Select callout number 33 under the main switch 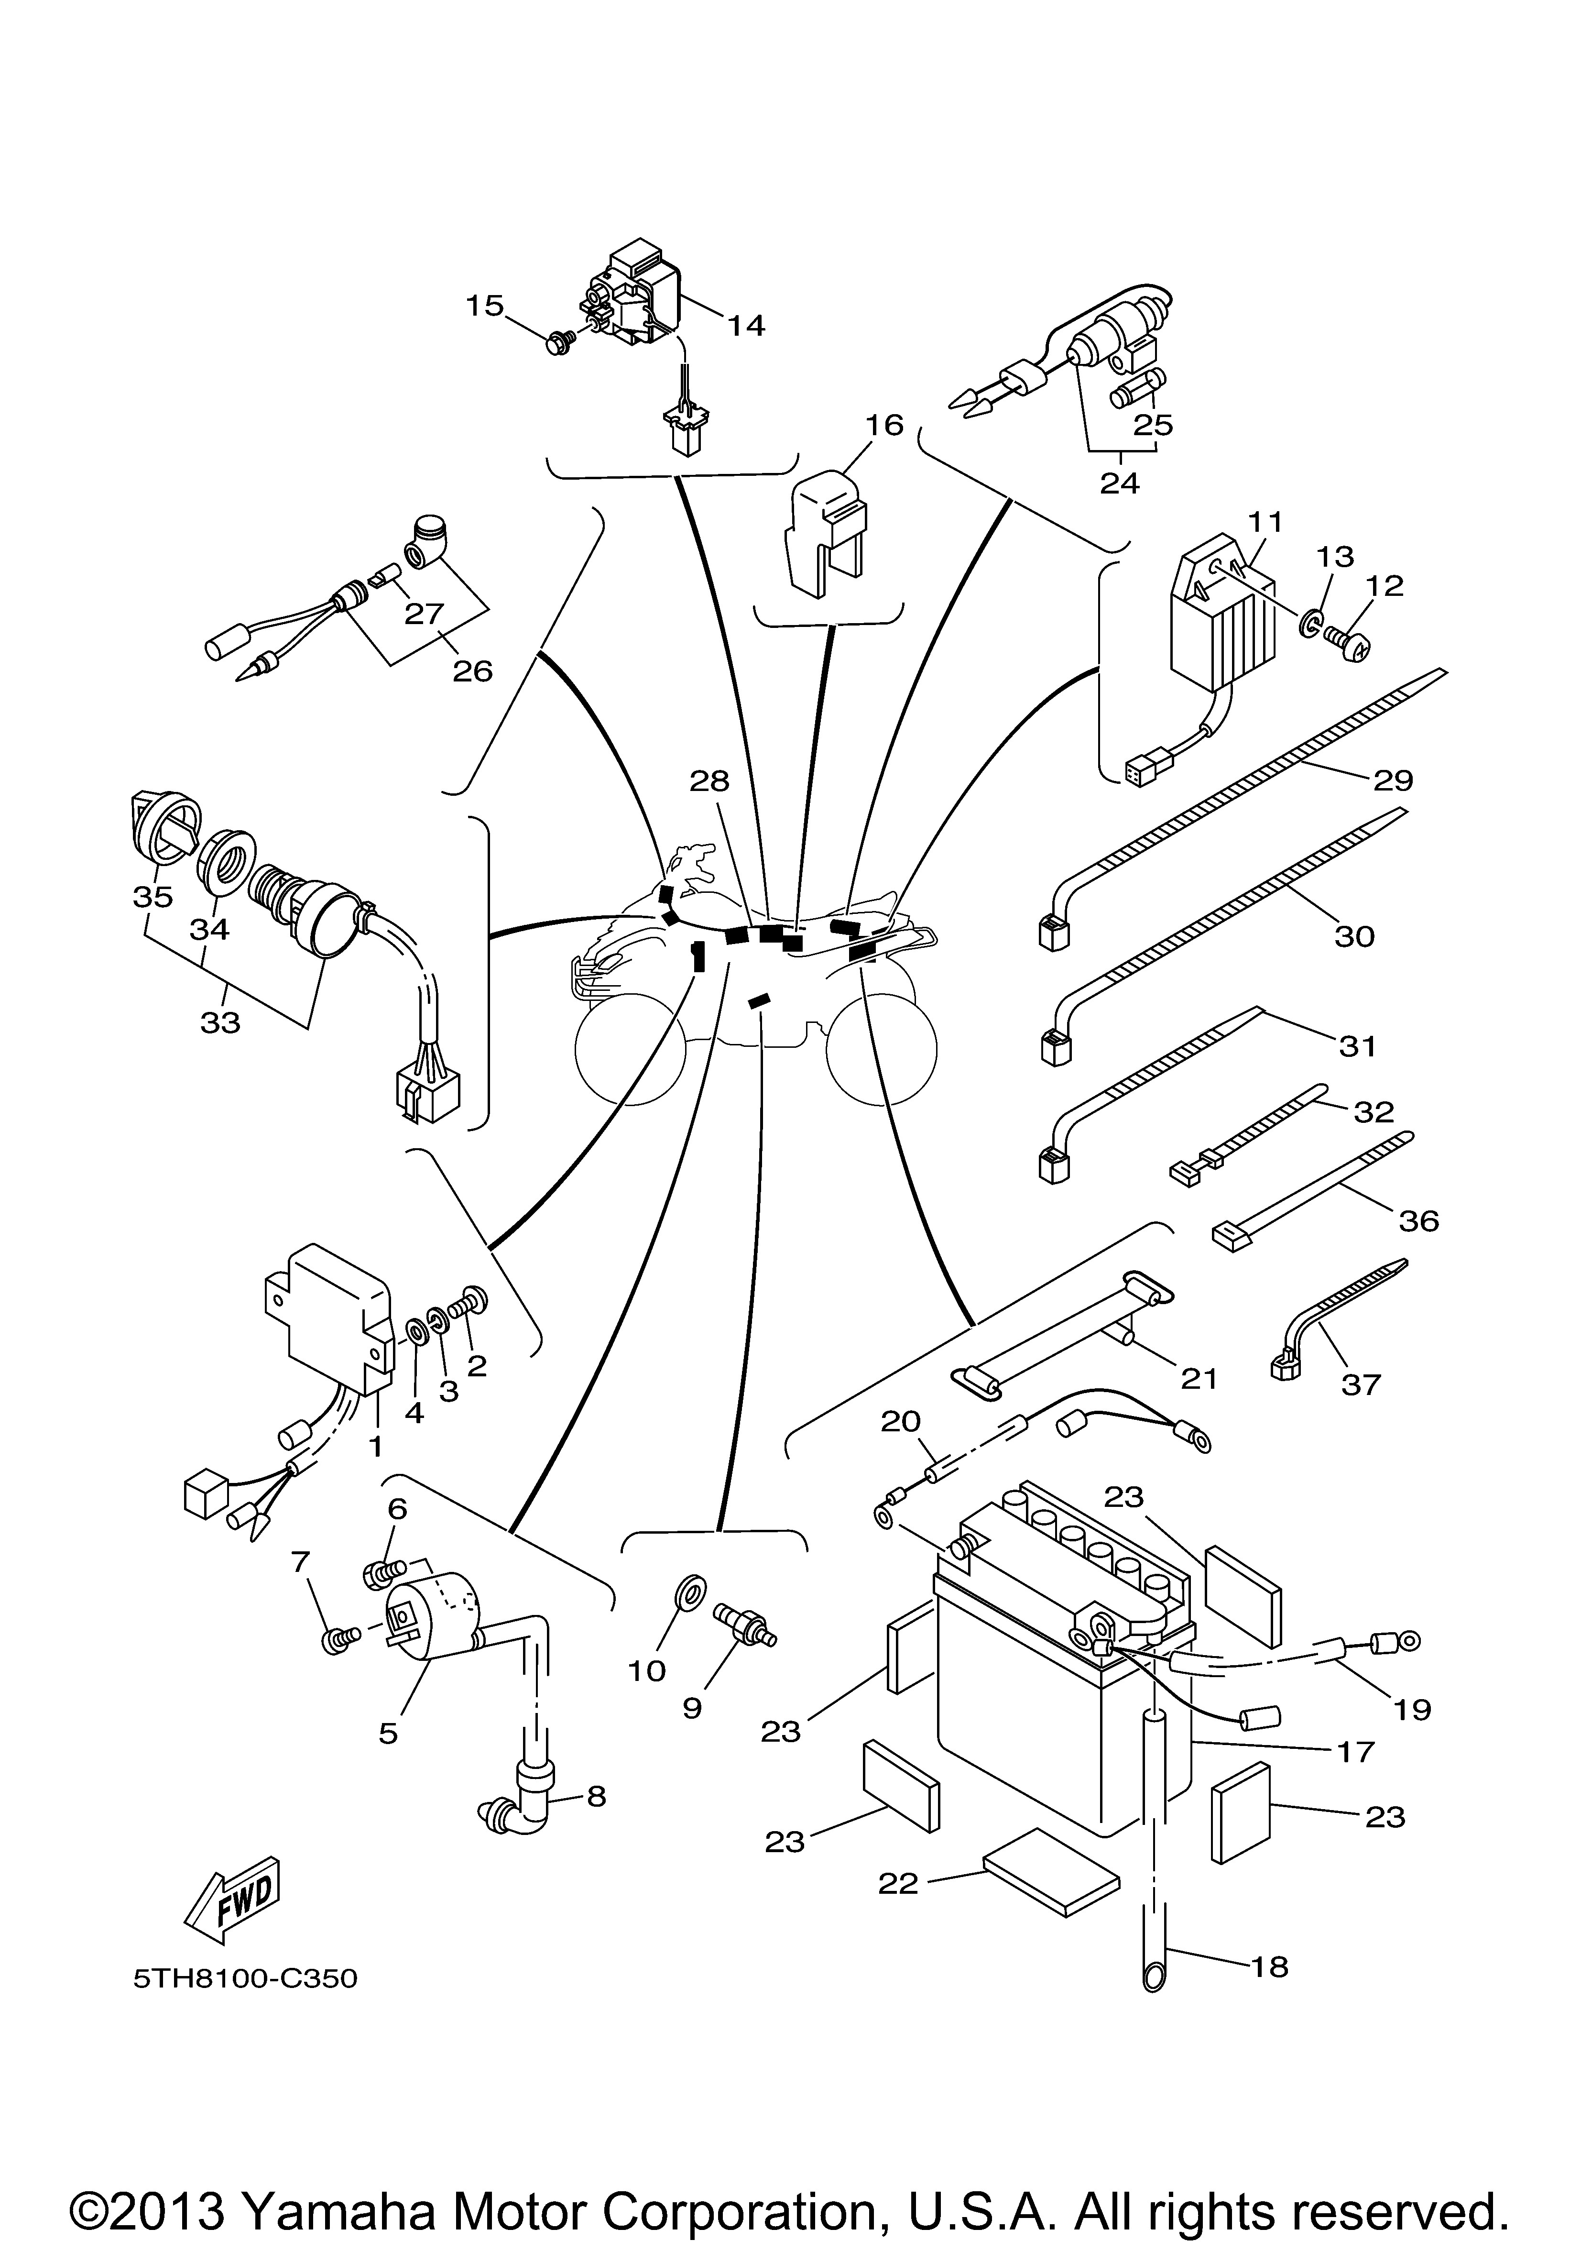(x=220, y=1022)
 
